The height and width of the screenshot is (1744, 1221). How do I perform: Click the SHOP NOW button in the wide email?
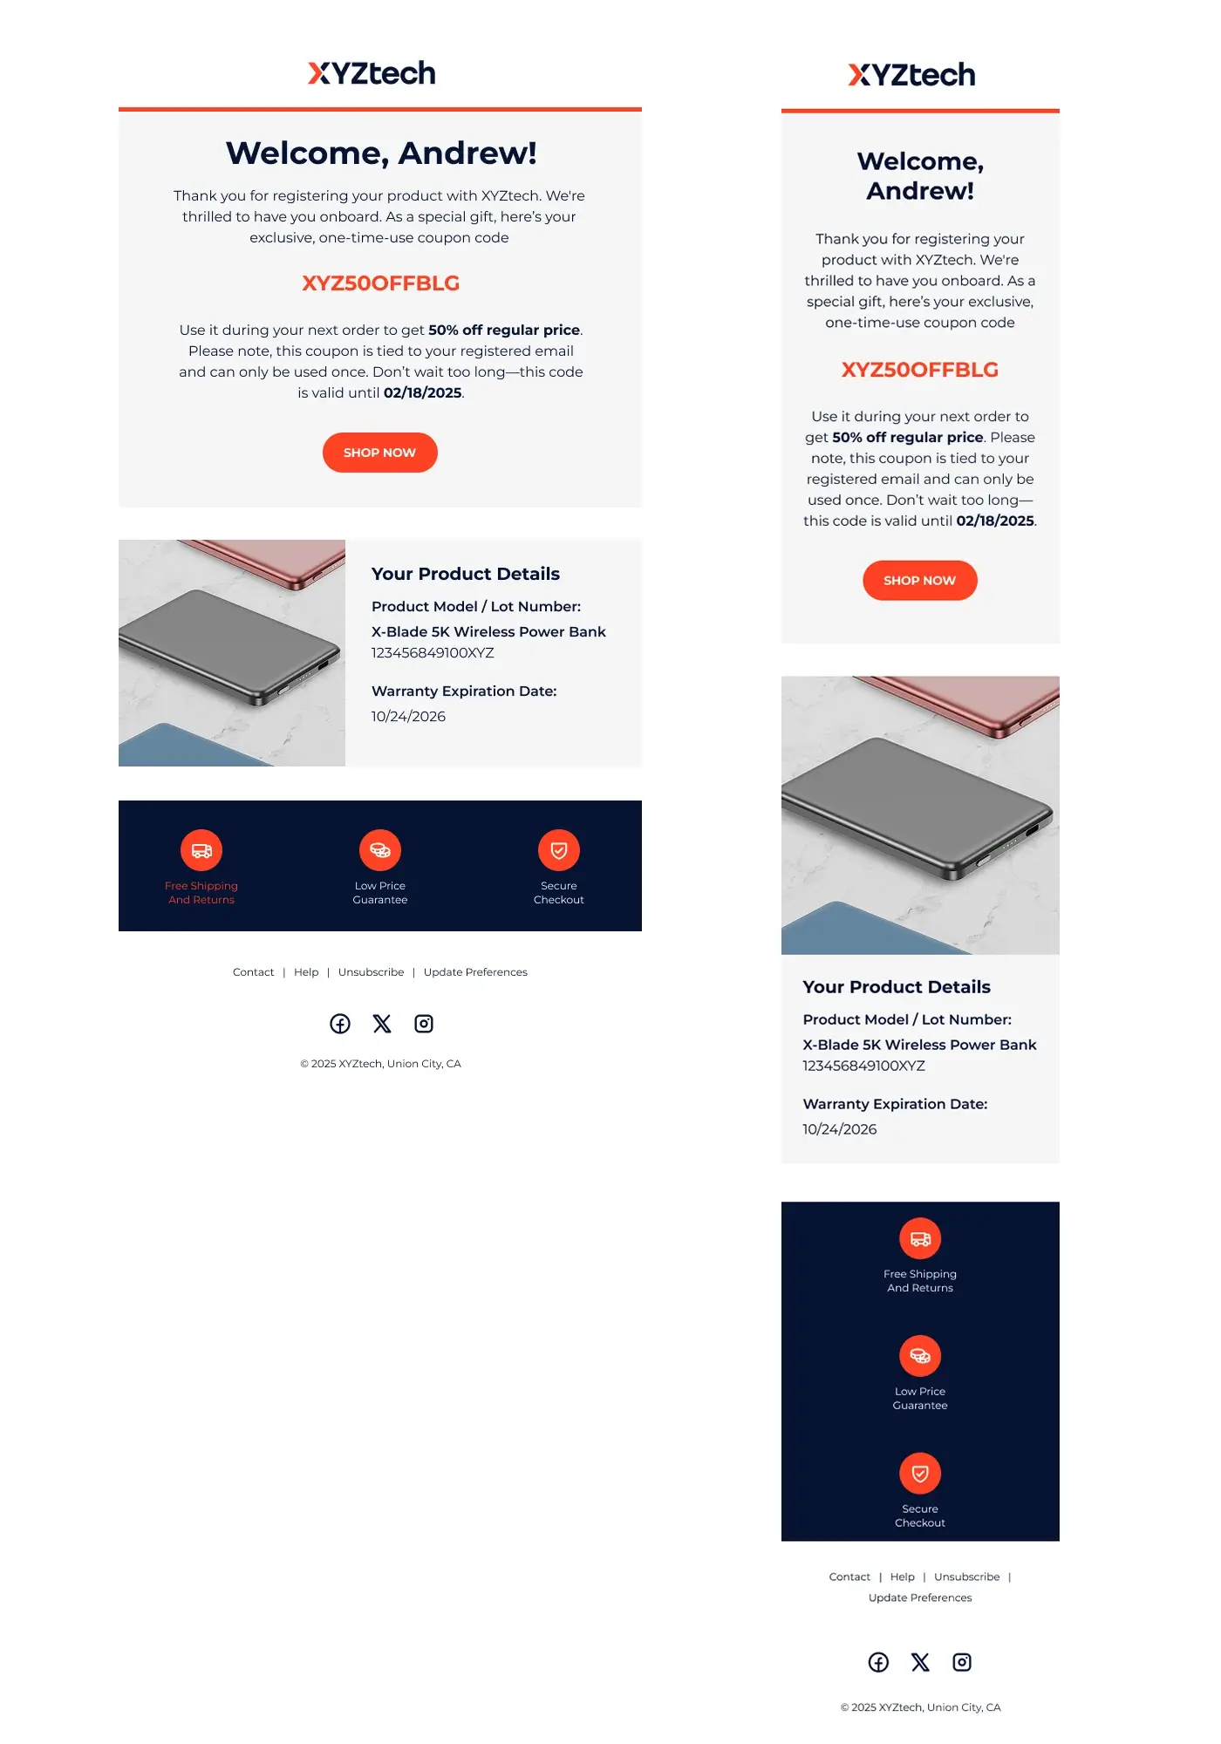click(379, 453)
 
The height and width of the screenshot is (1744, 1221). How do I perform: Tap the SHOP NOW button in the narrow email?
click(919, 581)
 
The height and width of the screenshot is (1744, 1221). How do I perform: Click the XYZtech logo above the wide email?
click(372, 73)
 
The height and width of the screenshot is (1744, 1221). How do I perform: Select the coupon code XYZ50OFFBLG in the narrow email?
click(919, 370)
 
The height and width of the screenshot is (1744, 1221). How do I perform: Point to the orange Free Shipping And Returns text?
click(201, 893)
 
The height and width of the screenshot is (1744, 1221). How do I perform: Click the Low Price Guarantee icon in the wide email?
click(380, 850)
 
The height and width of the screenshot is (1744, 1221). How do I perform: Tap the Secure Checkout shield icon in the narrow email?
click(920, 1474)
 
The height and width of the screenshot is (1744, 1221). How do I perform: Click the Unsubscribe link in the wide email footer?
click(371, 972)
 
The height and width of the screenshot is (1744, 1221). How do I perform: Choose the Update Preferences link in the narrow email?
click(919, 1598)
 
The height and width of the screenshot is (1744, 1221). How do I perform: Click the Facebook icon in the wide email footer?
click(340, 1024)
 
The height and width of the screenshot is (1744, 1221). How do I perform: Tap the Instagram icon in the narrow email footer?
click(962, 1662)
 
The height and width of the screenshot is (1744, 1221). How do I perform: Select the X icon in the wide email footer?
click(382, 1024)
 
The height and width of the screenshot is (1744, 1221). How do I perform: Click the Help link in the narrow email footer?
click(902, 1577)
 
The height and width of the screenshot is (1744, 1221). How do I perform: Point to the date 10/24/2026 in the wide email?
click(408, 717)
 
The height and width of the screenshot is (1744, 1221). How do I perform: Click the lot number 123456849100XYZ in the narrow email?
click(863, 1066)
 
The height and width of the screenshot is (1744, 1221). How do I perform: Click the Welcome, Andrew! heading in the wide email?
click(380, 153)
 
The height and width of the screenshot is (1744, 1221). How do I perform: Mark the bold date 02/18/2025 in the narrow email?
click(994, 521)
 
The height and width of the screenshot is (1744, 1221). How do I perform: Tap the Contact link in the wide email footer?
click(253, 972)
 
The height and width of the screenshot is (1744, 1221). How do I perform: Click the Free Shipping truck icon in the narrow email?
click(920, 1239)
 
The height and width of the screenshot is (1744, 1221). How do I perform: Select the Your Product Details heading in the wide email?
click(465, 574)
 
